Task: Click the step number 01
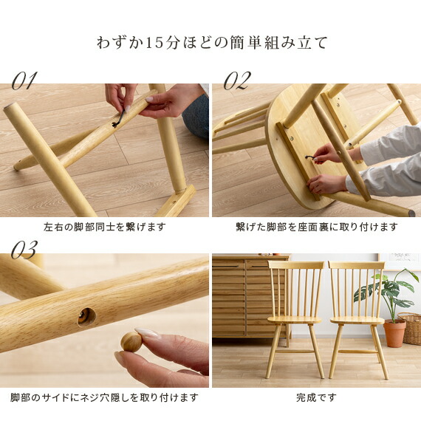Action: point(24,81)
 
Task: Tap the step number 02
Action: point(236,81)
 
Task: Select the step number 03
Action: point(24,251)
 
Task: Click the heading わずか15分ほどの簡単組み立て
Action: point(210,42)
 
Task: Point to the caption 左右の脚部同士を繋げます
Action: point(104,227)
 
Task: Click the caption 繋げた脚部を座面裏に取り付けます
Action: point(316,227)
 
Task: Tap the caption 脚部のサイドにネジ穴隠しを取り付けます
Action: point(104,398)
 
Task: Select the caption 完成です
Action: point(316,398)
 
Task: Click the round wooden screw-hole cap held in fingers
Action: point(131,341)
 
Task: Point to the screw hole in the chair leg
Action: point(86,316)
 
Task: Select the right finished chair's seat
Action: point(356,319)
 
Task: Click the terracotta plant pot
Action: point(394,333)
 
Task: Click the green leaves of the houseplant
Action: point(388,288)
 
